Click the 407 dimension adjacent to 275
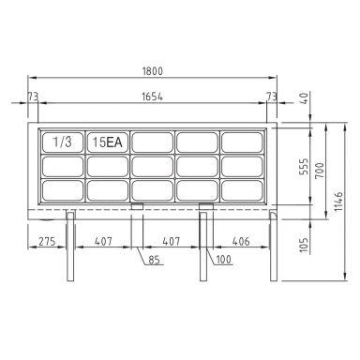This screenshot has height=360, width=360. [x=105, y=241]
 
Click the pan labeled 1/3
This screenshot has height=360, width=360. [x=61, y=142]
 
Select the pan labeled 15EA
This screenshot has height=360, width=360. [x=107, y=142]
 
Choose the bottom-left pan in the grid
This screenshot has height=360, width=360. [x=61, y=188]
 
